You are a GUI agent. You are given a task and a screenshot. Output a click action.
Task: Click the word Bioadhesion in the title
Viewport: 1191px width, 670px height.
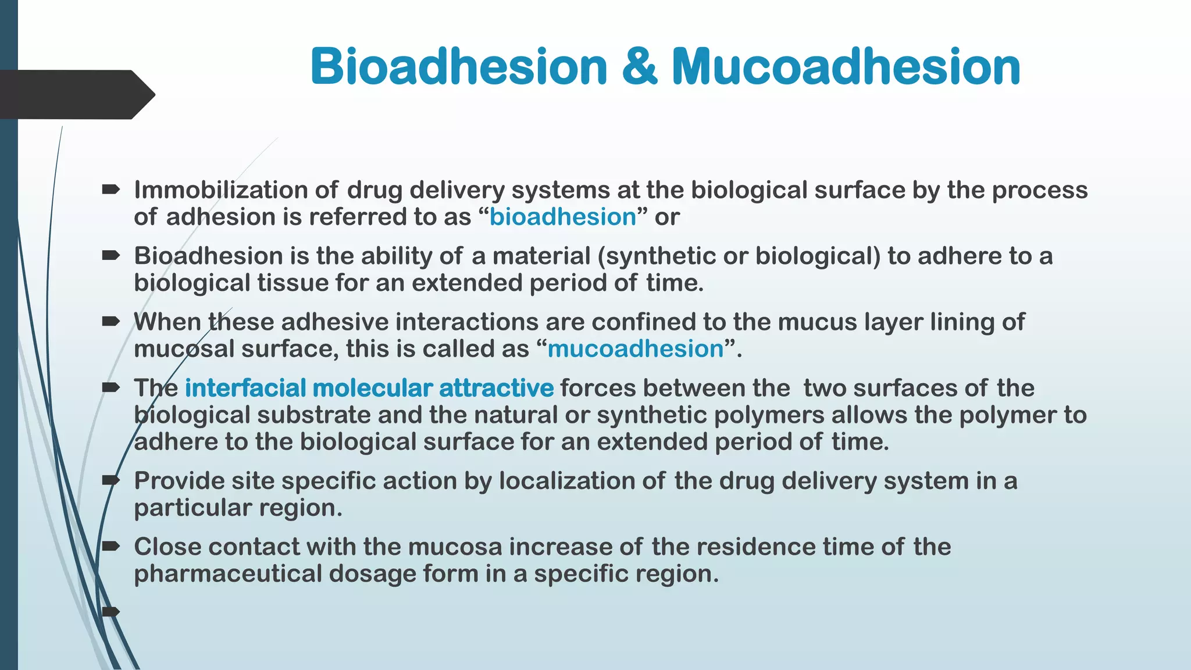click(459, 66)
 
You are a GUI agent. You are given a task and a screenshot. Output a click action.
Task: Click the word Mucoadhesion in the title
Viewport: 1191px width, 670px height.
click(846, 66)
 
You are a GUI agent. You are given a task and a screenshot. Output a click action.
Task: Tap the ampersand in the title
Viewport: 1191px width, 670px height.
click(639, 66)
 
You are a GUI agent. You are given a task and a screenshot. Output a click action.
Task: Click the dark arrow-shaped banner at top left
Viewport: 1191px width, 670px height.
click(76, 94)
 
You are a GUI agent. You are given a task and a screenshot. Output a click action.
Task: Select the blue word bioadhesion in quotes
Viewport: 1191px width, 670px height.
click(562, 217)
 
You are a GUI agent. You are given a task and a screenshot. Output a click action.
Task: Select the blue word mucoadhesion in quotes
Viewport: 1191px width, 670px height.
click(635, 349)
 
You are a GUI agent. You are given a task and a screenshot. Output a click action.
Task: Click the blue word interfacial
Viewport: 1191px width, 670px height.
click(245, 388)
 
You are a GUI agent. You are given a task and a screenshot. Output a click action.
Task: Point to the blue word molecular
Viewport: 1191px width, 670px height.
click(372, 388)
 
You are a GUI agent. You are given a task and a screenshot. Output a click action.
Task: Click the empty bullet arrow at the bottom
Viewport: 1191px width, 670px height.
click(110, 611)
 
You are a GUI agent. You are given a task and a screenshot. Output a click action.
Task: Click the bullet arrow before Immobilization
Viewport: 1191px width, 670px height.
click(110, 189)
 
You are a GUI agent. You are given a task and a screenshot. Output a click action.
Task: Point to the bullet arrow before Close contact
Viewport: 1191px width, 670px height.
click(110, 546)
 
